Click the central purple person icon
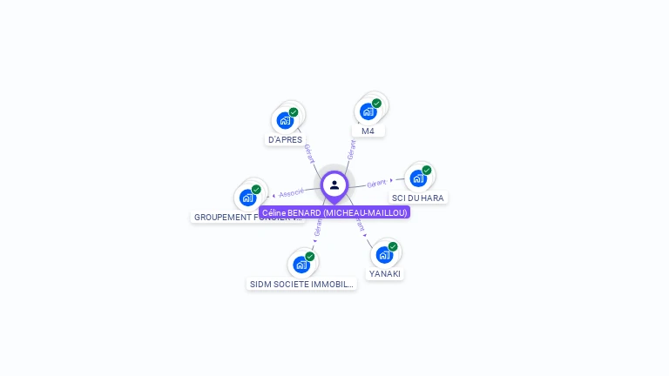click(x=334, y=185)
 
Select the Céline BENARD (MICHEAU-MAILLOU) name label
click(x=334, y=212)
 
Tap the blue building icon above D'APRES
click(x=284, y=120)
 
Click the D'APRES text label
click(x=285, y=139)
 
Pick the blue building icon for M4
click(x=368, y=111)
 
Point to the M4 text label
click(x=368, y=131)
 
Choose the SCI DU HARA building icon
click(x=417, y=178)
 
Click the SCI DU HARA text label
click(x=417, y=198)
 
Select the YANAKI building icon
click(x=383, y=254)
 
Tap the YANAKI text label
click(x=384, y=273)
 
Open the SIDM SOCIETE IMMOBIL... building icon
click(x=301, y=265)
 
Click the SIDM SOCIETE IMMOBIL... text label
click(x=301, y=284)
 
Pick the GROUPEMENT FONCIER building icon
click(x=247, y=198)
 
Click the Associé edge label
click(x=292, y=192)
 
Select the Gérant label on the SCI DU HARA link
click(x=377, y=184)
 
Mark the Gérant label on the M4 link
click(x=351, y=149)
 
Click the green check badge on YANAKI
click(x=393, y=246)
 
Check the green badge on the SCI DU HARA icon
click(x=427, y=171)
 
